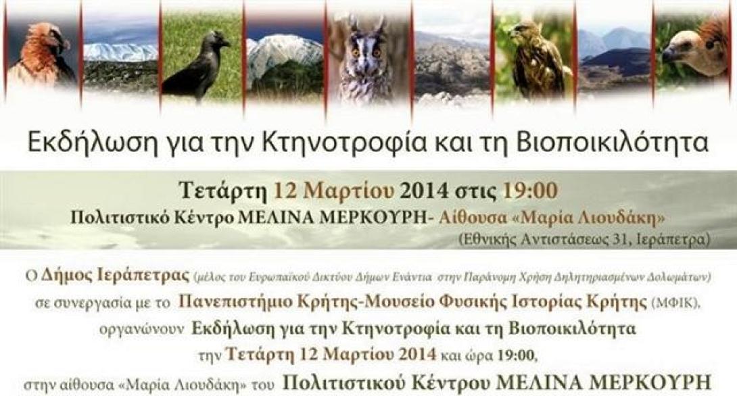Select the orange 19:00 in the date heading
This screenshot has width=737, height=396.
pos(530,191)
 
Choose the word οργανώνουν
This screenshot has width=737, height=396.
pos(155,330)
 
